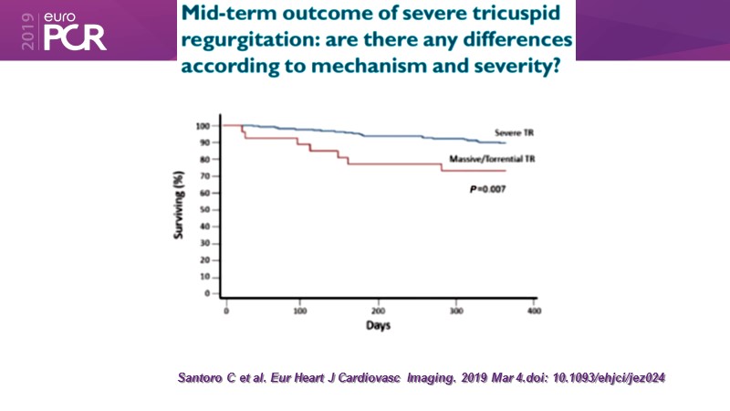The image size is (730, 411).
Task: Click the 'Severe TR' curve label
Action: [514, 132]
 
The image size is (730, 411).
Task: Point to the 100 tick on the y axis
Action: [203, 125]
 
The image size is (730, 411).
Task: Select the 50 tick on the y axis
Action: [205, 209]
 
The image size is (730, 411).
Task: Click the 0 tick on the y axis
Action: [208, 294]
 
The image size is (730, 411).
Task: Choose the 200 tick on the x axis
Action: [378, 311]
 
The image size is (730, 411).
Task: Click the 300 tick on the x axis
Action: [455, 311]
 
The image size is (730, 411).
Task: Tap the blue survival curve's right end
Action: [506, 143]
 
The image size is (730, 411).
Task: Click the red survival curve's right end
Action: [506, 171]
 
